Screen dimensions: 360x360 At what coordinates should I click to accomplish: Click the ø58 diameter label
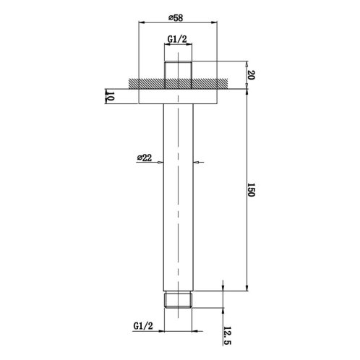click(176, 17)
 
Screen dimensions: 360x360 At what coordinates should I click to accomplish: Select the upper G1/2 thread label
click(177, 39)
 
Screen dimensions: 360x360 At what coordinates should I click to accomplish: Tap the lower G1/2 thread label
click(143, 326)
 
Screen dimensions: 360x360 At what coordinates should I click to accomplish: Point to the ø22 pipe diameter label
click(145, 158)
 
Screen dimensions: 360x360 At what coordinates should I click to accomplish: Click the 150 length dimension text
click(251, 190)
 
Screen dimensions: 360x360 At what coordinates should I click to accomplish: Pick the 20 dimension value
click(251, 75)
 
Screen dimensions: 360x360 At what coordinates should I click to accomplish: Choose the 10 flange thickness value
click(110, 96)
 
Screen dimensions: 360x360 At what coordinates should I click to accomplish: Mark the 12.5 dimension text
click(227, 335)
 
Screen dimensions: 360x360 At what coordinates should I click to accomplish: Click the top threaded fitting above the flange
click(178, 75)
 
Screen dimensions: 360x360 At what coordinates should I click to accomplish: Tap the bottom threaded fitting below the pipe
click(178, 300)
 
